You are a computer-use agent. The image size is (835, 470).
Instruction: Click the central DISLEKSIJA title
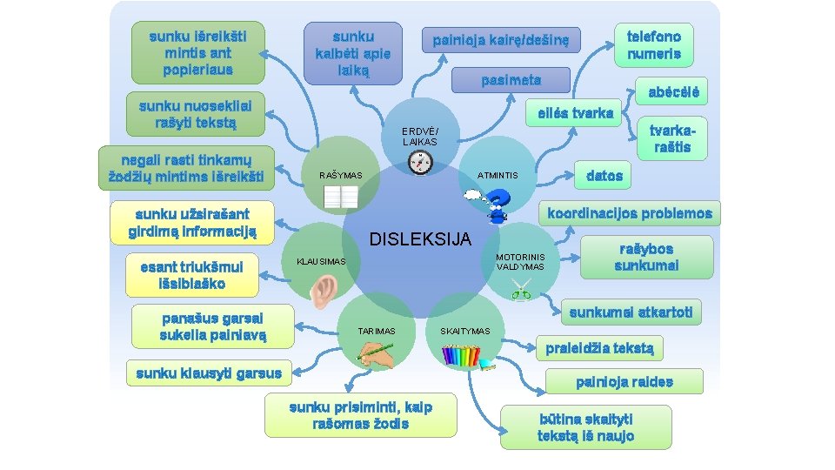click(x=421, y=238)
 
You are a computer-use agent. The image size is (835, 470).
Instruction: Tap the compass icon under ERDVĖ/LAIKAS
click(x=419, y=163)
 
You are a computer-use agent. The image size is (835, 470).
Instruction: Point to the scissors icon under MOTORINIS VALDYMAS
click(x=521, y=291)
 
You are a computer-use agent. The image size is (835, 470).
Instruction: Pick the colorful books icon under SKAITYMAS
click(x=461, y=355)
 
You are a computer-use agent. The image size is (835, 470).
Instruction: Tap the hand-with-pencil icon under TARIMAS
click(x=375, y=352)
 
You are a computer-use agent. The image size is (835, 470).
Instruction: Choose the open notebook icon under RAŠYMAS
click(x=340, y=198)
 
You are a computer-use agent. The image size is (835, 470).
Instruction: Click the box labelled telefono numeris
click(x=654, y=44)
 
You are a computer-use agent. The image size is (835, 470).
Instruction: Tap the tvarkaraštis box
click(x=672, y=138)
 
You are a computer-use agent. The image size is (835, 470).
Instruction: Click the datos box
click(x=605, y=176)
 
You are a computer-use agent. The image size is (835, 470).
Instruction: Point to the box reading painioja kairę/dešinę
click(x=506, y=40)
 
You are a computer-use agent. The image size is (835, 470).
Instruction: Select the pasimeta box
click(x=511, y=80)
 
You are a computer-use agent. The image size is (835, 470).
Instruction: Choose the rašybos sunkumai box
click(x=645, y=257)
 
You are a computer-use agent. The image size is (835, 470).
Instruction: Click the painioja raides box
click(x=624, y=381)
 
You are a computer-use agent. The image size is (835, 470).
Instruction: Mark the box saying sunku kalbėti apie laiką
click(x=353, y=53)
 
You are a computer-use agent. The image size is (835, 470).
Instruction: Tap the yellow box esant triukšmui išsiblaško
click(x=192, y=274)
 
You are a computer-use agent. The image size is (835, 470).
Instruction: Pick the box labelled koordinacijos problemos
click(x=629, y=213)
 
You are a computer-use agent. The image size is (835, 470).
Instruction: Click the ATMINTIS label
click(x=497, y=176)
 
